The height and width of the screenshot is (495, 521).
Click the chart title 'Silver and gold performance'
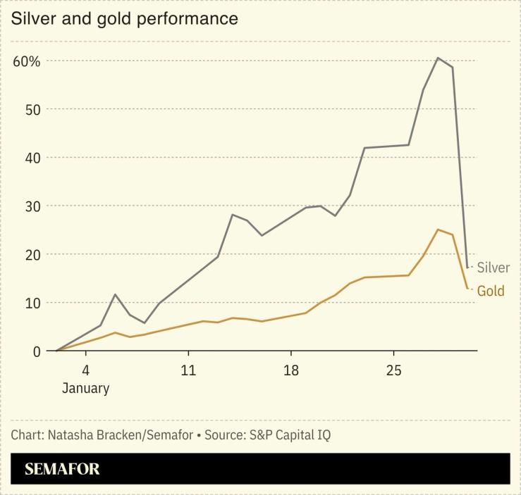tap(124, 18)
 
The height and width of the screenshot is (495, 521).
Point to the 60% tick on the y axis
tap(27, 61)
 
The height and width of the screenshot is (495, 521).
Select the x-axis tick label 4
tap(85, 370)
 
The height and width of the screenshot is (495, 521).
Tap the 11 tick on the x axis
tap(188, 370)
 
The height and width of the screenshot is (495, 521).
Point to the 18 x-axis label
tap(290, 370)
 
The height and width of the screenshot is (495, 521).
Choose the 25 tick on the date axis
tap(393, 370)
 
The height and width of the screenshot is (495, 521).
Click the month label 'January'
tap(85, 388)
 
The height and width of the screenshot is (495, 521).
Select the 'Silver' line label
tap(493, 268)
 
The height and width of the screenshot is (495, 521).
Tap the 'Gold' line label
tap(491, 291)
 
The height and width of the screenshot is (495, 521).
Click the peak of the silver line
tap(438, 58)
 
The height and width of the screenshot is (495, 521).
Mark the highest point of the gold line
tap(438, 230)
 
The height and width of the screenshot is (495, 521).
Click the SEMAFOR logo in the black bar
tap(62, 469)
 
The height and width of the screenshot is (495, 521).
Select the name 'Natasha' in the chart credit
tap(71, 434)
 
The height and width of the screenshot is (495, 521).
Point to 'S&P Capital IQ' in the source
tap(290, 434)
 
